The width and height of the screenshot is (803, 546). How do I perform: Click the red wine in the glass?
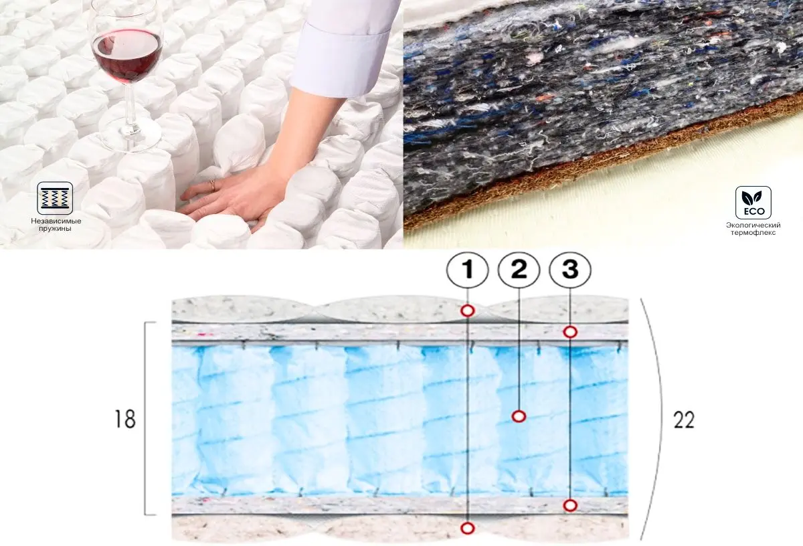pos(126,54)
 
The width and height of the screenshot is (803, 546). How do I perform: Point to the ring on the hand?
pos(212,185)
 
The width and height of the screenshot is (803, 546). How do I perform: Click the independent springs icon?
pos(55,198)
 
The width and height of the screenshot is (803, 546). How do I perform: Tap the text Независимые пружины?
pos(55,225)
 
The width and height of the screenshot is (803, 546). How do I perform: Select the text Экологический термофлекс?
pos(753,229)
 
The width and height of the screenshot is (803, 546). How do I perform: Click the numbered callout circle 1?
pos(468,270)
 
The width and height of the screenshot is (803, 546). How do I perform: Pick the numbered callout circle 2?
pos(519,270)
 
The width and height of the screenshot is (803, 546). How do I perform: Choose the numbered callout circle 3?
pos(570,270)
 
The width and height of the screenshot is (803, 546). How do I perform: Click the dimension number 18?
pos(125,420)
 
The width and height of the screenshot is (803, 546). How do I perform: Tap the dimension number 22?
pos(683,420)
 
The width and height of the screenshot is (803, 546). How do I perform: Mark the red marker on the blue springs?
pos(519,416)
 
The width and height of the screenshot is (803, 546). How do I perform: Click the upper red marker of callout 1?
pos(468,310)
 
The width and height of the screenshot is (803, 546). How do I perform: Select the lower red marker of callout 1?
pos(468,528)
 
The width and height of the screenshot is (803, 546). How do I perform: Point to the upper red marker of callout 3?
pos(570,331)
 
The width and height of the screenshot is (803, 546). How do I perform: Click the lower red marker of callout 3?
pos(570,505)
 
